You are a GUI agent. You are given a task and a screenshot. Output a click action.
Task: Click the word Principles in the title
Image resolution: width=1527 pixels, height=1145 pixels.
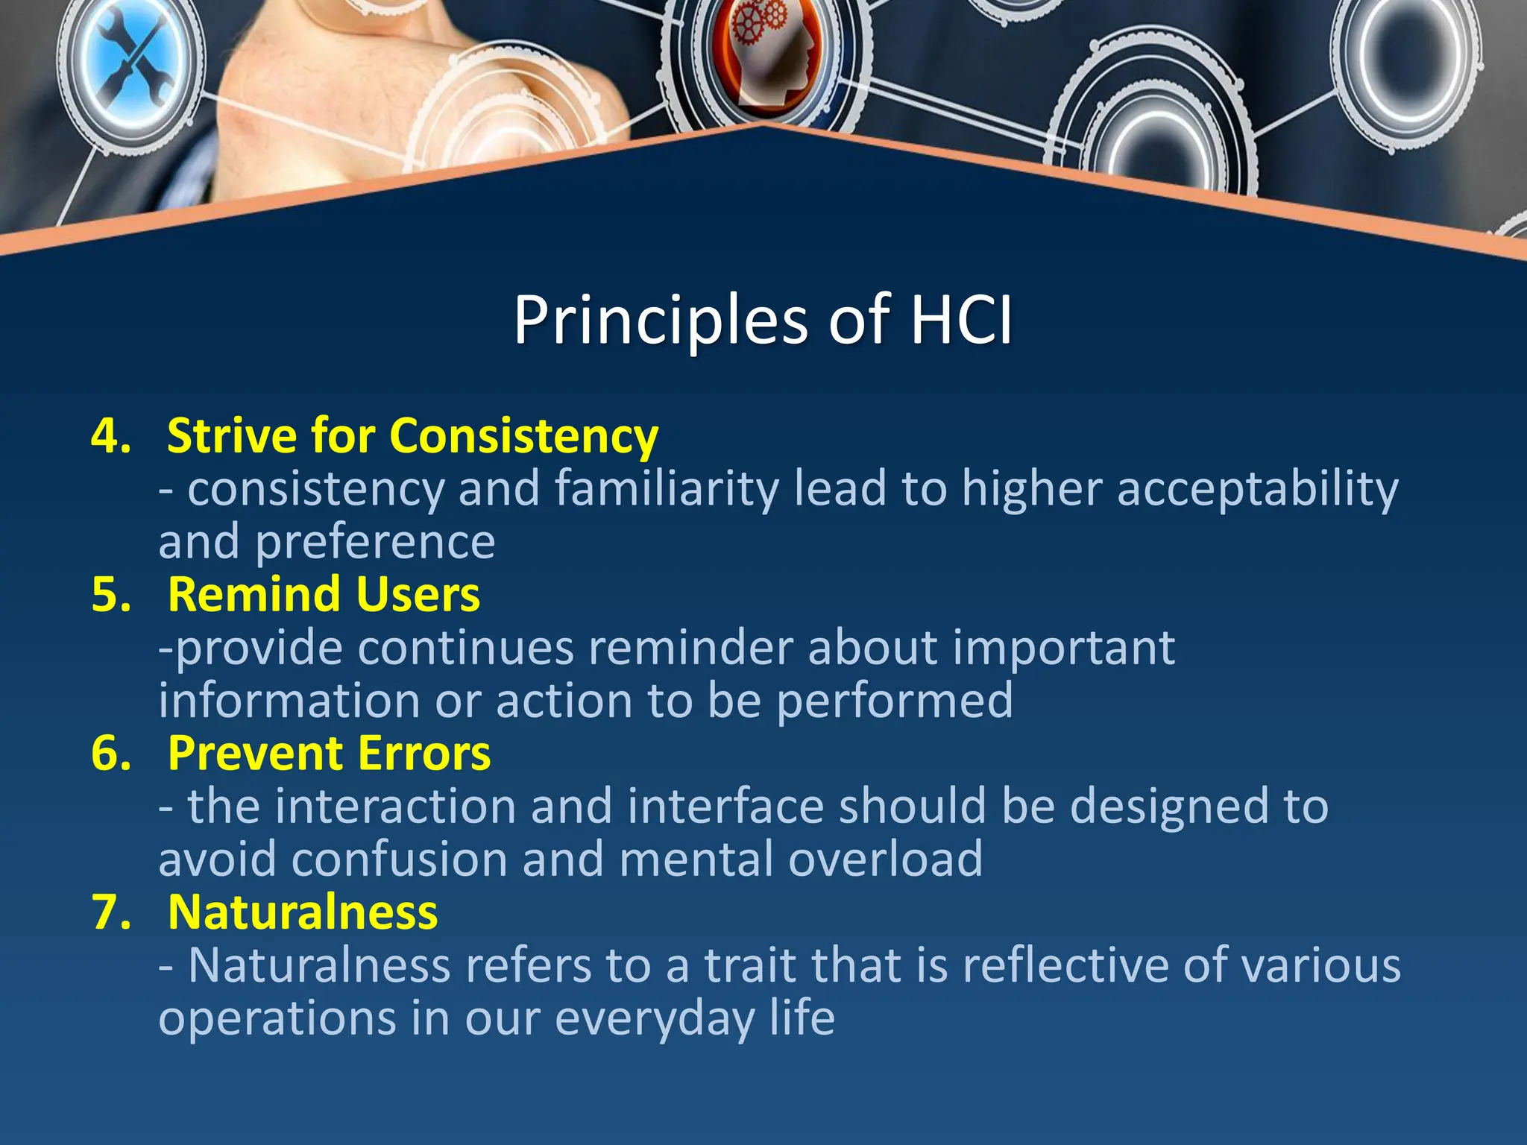660,321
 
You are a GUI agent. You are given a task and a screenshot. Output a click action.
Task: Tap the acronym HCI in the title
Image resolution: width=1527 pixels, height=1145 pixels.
961,321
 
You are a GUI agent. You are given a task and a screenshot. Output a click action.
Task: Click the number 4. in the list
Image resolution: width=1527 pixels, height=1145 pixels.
111,436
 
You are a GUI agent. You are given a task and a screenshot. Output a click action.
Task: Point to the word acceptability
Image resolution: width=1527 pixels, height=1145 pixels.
1257,491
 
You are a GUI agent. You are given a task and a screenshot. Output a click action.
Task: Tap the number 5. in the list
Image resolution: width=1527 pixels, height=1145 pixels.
111,595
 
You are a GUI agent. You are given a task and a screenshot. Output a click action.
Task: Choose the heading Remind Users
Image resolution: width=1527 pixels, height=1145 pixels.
324,595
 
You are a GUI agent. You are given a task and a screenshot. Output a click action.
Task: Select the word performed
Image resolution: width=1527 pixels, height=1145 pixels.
895,701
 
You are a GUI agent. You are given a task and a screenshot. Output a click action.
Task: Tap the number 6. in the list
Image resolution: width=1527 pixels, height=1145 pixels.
111,754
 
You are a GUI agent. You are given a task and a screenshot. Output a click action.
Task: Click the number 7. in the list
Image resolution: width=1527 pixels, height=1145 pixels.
111,912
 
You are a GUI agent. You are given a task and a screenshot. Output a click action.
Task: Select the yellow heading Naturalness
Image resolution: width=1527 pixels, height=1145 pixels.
303,912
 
